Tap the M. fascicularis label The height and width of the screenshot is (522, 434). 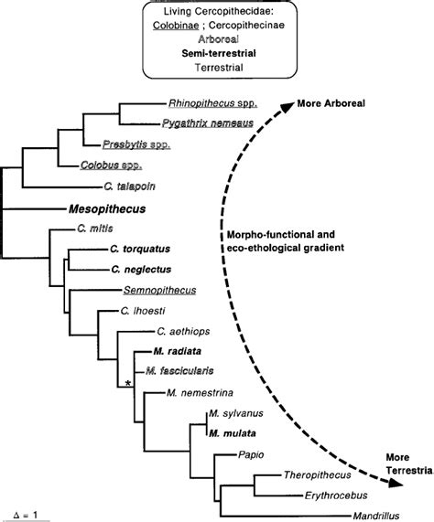click(180, 372)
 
